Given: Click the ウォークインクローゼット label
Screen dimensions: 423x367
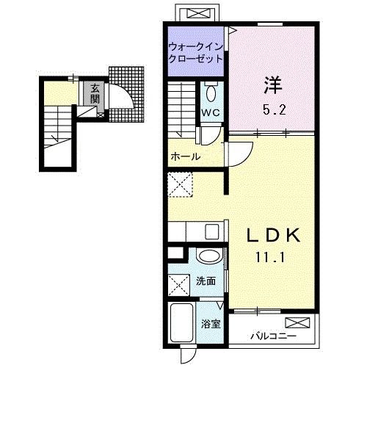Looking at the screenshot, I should (x=196, y=51).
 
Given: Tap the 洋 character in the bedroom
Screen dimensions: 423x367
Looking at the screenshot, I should (x=272, y=85).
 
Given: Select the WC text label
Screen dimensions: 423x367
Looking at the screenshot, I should (x=210, y=112).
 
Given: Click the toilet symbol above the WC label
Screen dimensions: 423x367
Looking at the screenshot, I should (x=211, y=93).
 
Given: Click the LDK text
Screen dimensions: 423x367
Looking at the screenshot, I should (x=272, y=236).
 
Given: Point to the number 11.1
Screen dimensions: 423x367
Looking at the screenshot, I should (x=272, y=258).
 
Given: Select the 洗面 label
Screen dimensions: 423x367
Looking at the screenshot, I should (x=206, y=281).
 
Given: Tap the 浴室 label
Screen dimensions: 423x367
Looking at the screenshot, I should (x=211, y=324).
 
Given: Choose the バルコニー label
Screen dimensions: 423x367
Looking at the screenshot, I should (x=272, y=336).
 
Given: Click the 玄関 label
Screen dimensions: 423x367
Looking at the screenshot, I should (x=95, y=93).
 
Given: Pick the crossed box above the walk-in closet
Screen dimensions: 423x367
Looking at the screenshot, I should (x=197, y=12).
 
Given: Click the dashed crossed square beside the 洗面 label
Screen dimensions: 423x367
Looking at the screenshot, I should (x=179, y=283).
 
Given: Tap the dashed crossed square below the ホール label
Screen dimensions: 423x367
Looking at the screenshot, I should (x=179, y=184).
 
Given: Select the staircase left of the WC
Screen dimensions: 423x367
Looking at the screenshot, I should (x=183, y=106).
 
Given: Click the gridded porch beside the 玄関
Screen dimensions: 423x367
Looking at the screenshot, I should (x=129, y=92).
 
